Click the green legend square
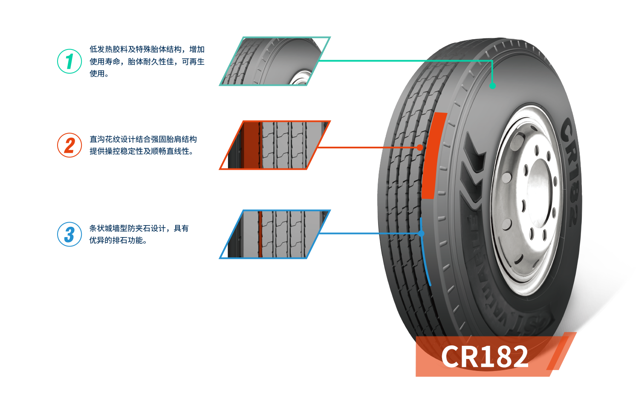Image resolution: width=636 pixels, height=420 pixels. (x=69, y=61)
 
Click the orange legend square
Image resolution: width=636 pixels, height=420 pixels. (x=69, y=145)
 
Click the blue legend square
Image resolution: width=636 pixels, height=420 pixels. (x=69, y=234)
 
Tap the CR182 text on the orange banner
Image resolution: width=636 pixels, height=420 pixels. (x=485, y=356)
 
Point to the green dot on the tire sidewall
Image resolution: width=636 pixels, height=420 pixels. (x=492, y=86)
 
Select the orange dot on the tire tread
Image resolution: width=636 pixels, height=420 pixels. (x=420, y=148)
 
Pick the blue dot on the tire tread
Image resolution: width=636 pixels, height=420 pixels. (x=421, y=233)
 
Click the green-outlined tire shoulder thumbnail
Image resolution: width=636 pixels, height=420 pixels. (x=274, y=61)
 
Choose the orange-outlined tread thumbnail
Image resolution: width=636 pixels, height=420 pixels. (x=275, y=145)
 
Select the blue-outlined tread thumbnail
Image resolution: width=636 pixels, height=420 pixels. (x=275, y=234)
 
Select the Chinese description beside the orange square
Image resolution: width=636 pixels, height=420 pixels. (x=143, y=145)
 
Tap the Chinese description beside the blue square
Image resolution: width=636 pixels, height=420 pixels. (x=139, y=234)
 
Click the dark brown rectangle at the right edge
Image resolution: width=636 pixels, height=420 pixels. (x=617, y=343)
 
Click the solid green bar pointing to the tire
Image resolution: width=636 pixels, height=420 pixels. (x=367, y=71)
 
